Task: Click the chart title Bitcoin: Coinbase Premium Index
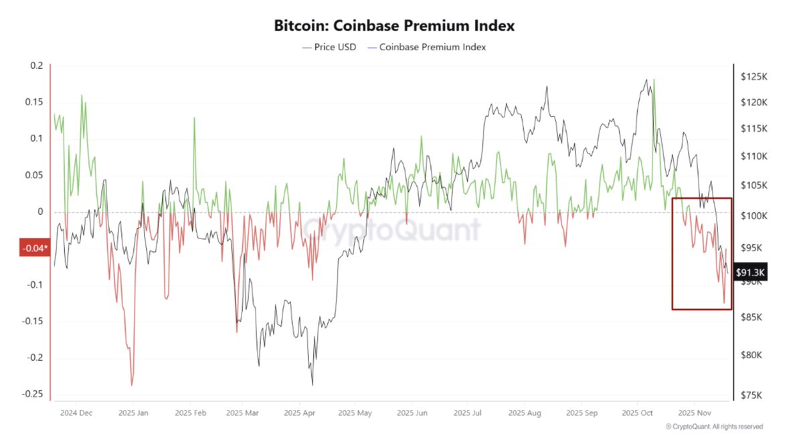pos(394,26)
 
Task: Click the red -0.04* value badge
pos(33,248)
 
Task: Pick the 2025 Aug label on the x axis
pos(523,413)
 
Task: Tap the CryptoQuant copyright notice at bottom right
pos(714,427)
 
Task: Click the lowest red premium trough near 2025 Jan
pos(132,385)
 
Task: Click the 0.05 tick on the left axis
pos(33,175)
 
